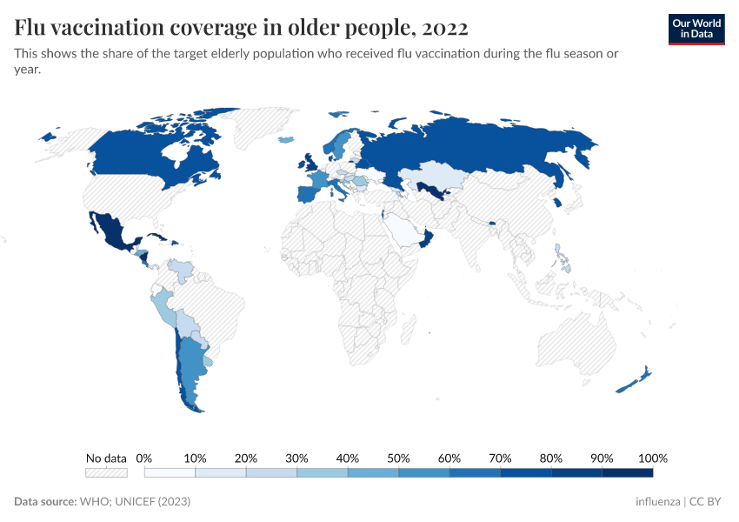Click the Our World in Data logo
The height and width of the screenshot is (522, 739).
pyautogui.click(x=696, y=28)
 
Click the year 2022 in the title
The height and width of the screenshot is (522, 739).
pyautogui.click(x=446, y=28)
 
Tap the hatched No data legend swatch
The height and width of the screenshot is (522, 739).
pyautogui.click(x=106, y=472)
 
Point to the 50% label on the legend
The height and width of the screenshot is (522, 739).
pyautogui.click(x=398, y=458)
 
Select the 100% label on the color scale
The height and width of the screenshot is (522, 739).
pyautogui.click(x=652, y=458)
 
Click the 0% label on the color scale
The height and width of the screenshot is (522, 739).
pyautogui.click(x=144, y=458)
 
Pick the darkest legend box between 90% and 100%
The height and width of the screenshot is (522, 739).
pyautogui.click(x=627, y=472)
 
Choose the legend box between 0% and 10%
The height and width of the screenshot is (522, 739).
pyautogui.click(x=170, y=472)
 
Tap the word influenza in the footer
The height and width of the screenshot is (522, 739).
pyautogui.click(x=658, y=502)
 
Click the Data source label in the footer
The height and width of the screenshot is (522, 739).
pyautogui.click(x=45, y=502)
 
